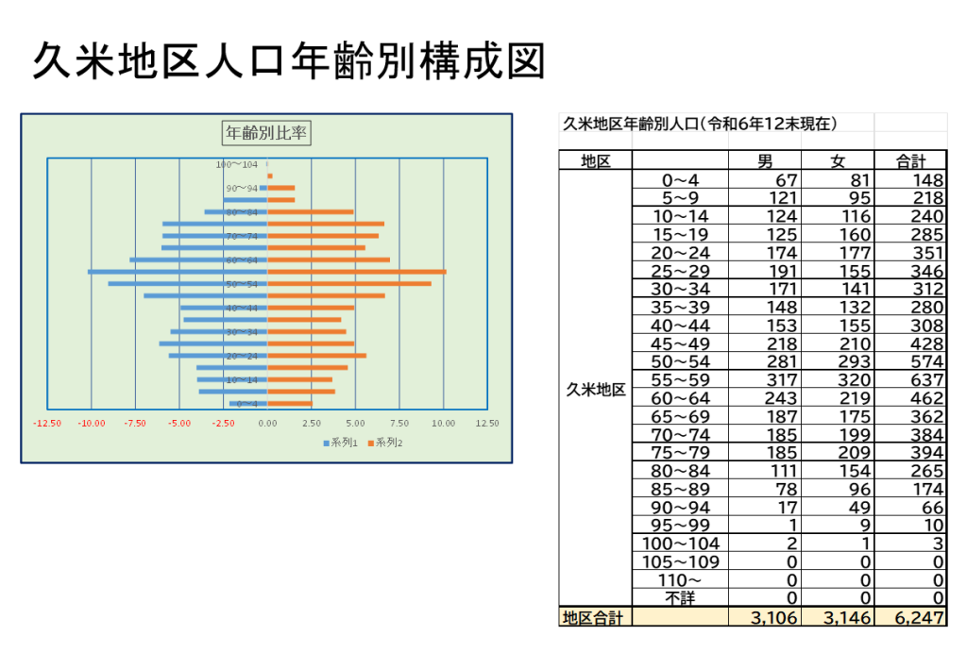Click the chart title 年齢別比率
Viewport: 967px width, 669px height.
[x=265, y=133]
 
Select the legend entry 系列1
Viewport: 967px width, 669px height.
[x=340, y=443]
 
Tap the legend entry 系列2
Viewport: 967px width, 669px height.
[x=384, y=443]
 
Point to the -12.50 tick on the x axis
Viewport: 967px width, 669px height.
[x=47, y=424]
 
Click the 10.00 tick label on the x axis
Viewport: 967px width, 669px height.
[x=443, y=424]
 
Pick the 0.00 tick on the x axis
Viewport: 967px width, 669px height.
[x=267, y=424]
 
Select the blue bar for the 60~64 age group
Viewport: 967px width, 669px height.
[x=198, y=259]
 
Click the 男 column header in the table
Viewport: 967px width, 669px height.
[x=765, y=161]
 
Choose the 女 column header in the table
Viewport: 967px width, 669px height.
[x=838, y=161]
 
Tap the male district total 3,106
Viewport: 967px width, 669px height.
[x=772, y=618]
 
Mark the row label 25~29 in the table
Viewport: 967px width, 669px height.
[x=680, y=271]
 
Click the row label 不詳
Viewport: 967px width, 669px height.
[x=680, y=597]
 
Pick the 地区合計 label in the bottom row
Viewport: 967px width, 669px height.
[x=593, y=618]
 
